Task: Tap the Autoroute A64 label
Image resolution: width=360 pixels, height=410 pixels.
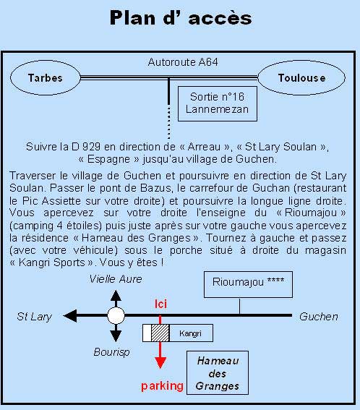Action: tap(183, 62)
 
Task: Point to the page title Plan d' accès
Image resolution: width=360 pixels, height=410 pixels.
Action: tap(181, 18)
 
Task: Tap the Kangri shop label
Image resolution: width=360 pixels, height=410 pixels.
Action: tap(190, 333)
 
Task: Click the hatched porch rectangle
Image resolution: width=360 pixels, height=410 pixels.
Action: tap(160, 333)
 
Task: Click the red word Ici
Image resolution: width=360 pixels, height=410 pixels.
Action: tap(160, 304)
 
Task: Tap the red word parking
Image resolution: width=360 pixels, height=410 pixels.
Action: tap(162, 386)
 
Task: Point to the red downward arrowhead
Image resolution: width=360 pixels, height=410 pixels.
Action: tap(160, 363)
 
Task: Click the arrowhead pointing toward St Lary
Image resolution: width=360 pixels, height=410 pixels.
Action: tap(70, 315)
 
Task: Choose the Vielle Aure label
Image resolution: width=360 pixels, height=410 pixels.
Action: tap(116, 279)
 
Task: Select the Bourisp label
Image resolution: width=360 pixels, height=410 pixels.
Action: tap(111, 352)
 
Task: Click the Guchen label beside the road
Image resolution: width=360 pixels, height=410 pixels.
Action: tap(318, 317)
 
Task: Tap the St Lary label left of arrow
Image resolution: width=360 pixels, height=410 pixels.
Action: tap(34, 317)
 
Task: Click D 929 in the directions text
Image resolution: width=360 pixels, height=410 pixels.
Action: tap(86, 147)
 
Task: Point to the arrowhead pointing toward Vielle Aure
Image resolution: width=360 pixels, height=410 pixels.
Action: tap(116, 295)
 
